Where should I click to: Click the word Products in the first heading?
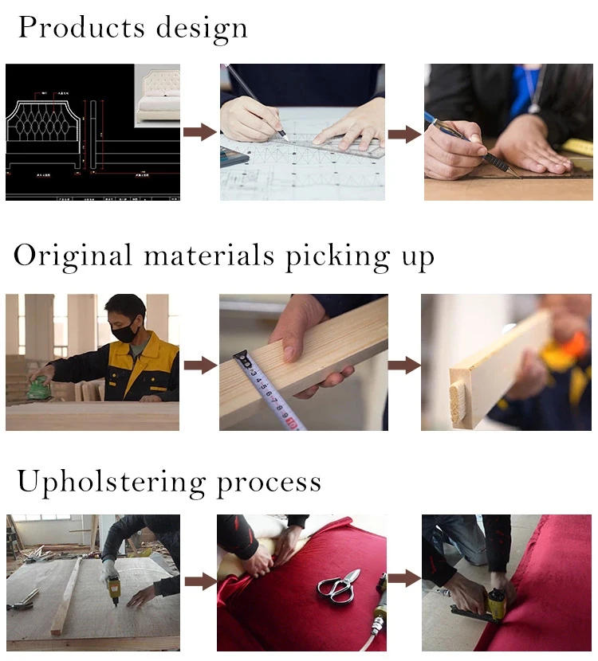tap(70, 28)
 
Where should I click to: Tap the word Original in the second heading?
tap(73, 256)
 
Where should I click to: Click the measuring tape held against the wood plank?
tap(267, 390)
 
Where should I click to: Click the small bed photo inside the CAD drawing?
tap(156, 94)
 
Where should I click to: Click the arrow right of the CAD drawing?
tap(199, 132)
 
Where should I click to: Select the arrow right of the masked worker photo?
tap(199, 365)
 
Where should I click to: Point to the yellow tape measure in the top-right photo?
tap(579, 148)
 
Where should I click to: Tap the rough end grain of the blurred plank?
tap(458, 402)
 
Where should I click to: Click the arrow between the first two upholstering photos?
tap(199, 581)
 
